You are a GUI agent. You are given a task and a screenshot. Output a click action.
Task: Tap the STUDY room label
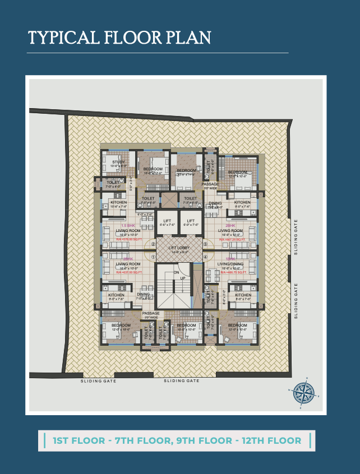tap(118, 162)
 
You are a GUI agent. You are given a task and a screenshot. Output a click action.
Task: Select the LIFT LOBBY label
tap(178, 247)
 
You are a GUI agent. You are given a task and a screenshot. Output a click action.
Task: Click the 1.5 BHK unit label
tap(128, 225)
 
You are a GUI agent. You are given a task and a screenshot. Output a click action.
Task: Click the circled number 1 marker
tap(153, 257)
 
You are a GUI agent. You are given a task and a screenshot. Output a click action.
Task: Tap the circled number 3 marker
tap(205, 244)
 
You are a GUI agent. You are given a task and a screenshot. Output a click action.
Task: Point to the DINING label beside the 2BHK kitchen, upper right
tap(215, 203)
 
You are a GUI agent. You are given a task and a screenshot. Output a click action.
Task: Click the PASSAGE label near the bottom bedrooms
tap(150, 313)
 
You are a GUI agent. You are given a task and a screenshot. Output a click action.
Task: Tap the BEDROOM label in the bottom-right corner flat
tap(237, 325)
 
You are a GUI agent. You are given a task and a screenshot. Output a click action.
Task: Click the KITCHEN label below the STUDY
tap(118, 202)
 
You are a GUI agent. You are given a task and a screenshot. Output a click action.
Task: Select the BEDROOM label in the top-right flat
tap(238, 172)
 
